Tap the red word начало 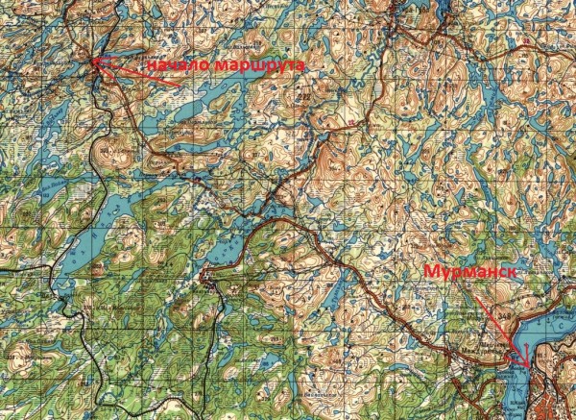pyautogui.click(x=177, y=64)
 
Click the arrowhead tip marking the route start pyautogui.click(x=94, y=63)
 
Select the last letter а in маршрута pyautogui.click(x=300, y=66)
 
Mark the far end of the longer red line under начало pyautogui.click(x=179, y=85)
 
